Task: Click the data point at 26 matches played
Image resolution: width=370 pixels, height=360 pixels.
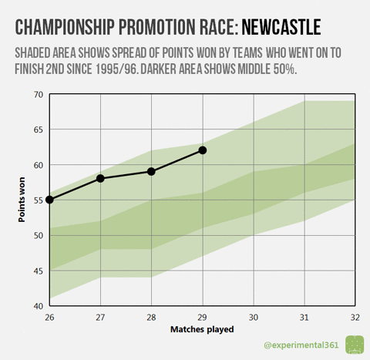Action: [49, 200]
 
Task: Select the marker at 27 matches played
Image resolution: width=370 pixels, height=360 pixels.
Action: [100, 178]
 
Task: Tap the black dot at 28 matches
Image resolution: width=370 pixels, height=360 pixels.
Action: [151, 171]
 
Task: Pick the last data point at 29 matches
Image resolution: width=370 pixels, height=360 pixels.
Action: [203, 150]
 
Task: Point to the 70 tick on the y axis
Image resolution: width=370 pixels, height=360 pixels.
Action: [39, 94]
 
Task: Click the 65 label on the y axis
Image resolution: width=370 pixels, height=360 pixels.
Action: [39, 130]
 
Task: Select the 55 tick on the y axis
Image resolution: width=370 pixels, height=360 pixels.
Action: [39, 200]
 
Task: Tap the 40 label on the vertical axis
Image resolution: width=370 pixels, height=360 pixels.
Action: [39, 306]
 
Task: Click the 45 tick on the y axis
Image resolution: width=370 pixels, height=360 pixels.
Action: [39, 271]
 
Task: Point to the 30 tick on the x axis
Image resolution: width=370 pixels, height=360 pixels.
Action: [254, 316]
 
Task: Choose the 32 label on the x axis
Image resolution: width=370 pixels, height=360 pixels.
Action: [355, 316]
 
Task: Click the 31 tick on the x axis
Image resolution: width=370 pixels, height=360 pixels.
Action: [304, 316]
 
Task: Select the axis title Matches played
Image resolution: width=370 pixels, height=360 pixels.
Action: [202, 329]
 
